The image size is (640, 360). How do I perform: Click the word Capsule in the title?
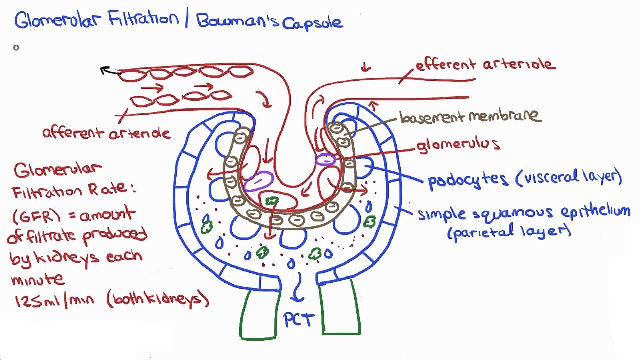(x=313, y=23)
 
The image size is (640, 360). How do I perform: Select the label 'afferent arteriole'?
(x=106, y=133)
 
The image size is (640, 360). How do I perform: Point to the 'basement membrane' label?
(x=470, y=117)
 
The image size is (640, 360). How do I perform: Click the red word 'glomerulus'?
(x=458, y=145)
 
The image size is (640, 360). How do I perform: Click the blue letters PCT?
(x=299, y=320)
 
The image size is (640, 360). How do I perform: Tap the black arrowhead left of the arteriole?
(x=105, y=71)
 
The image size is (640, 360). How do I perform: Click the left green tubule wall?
(x=259, y=315)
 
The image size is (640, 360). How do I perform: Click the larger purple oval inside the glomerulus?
(x=258, y=181)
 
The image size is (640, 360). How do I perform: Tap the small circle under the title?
(x=16, y=48)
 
